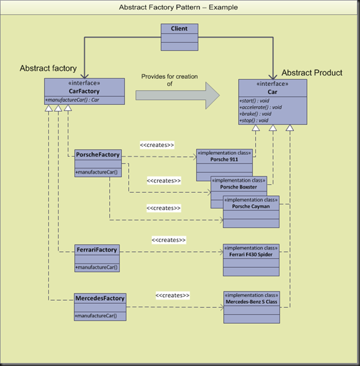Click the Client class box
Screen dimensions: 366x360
(x=179, y=29)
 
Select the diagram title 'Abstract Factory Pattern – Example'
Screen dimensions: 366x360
(x=179, y=7)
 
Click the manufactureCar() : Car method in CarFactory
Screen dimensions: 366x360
(x=72, y=99)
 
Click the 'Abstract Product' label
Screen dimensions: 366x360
(x=312, y=73)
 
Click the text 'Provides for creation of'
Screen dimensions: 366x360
(x=162, y=80)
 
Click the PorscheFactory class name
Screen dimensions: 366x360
(x=98, y=154)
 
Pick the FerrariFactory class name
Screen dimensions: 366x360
(x=97, y=249)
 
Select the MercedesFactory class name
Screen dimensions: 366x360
(x=99, y=298)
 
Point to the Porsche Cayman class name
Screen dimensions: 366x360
(x=251, y=206)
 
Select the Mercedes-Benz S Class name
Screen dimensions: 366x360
(x=251, y=301)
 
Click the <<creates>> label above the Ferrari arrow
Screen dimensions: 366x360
(x=168, y=240)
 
